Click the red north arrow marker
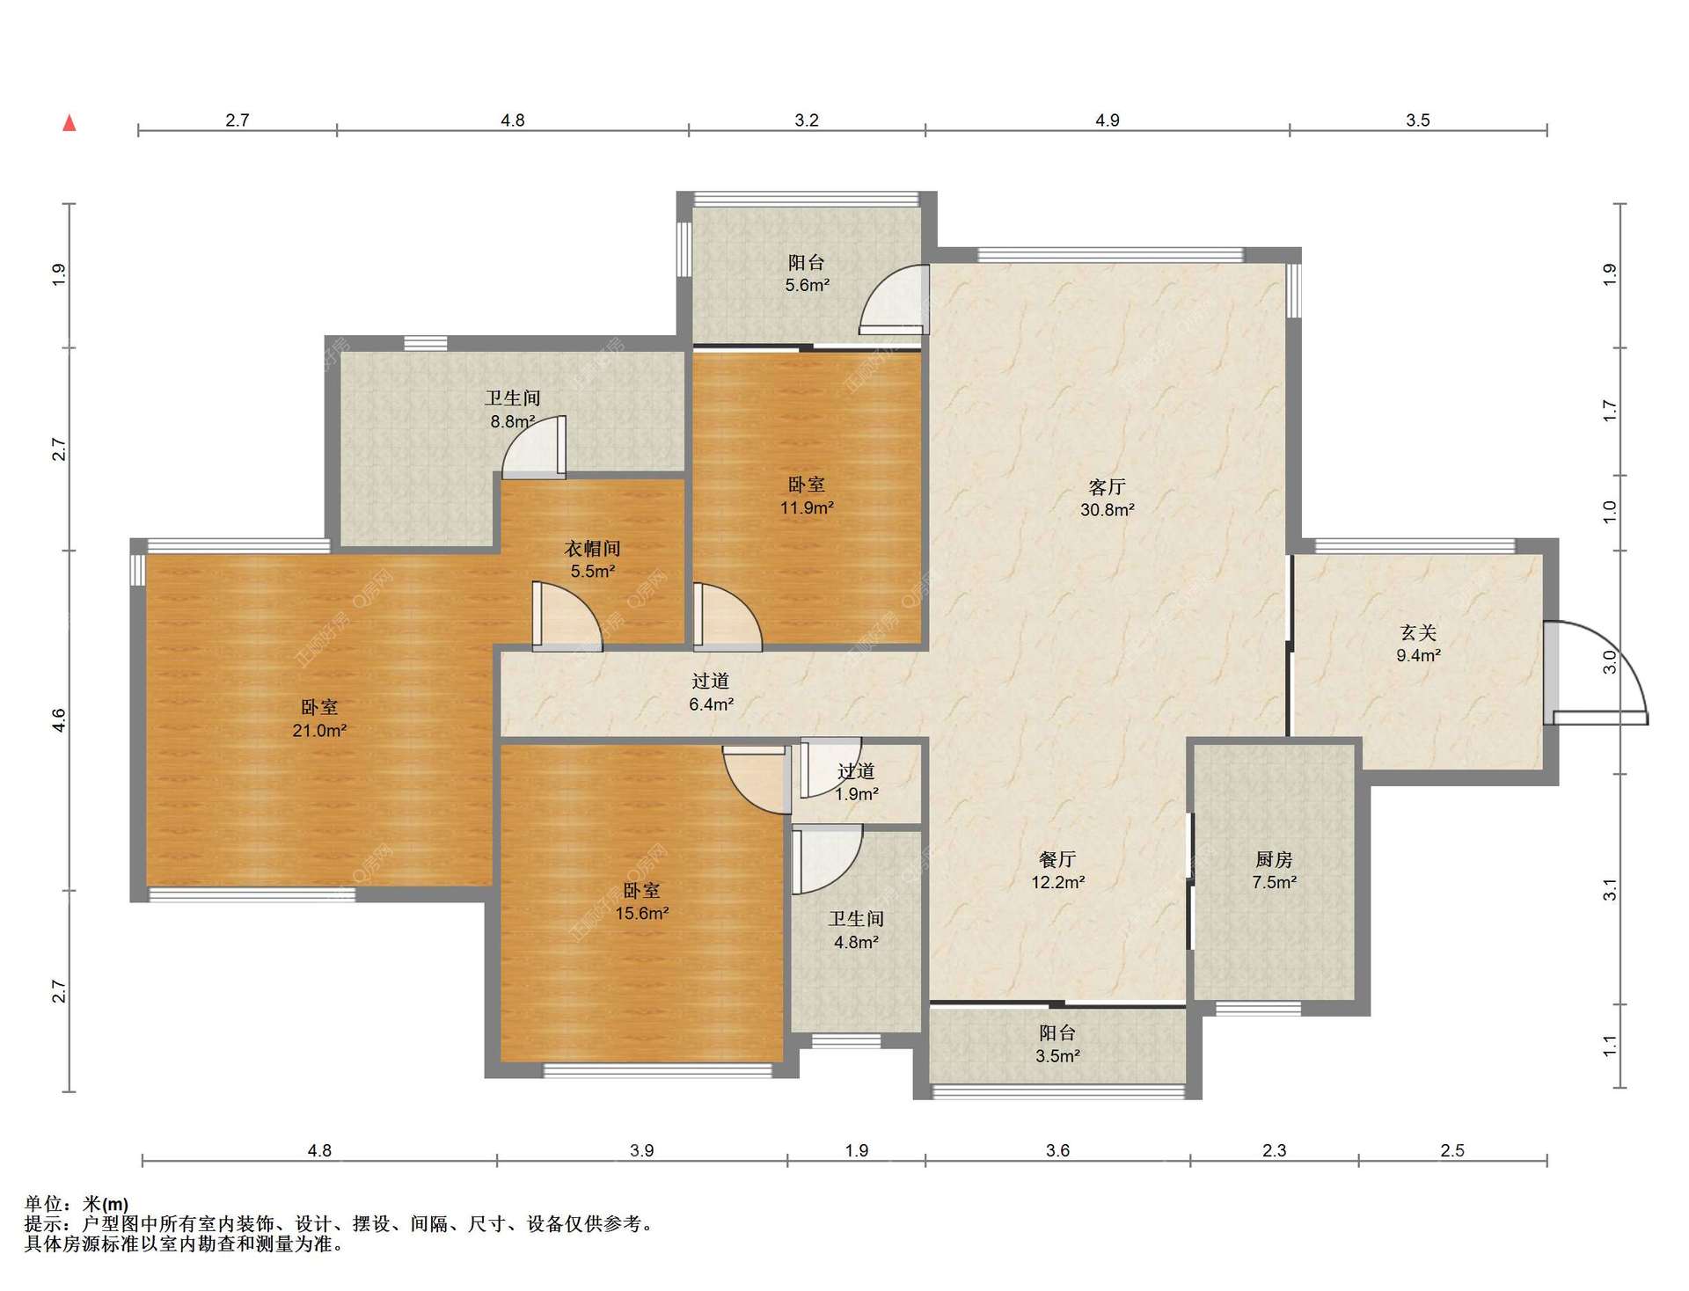(x=69, y=123)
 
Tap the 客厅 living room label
(x=1107, y=486)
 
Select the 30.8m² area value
(x=1107, y=509)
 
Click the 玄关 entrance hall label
(x=1418, y=632)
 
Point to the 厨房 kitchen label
(x=1274, y=859)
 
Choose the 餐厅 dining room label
(x=1057, y=859)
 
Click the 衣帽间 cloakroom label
(x=592, y=549)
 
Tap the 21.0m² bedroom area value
(x=319, y=730)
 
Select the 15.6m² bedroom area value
(x=642, y=913)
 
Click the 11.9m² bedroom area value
(x=807, y=507)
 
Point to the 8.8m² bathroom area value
(x=513, y=421)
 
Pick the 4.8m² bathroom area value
(x=856, y=942)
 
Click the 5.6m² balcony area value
(x=807, y=285)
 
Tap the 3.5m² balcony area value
(x=1057, y=1055)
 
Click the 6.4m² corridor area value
(x=711, y=704)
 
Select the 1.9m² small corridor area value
(x=856, y=793)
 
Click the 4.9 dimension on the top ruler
(x=1107, y=120)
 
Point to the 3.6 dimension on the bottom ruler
(x=1057, y=1150)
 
